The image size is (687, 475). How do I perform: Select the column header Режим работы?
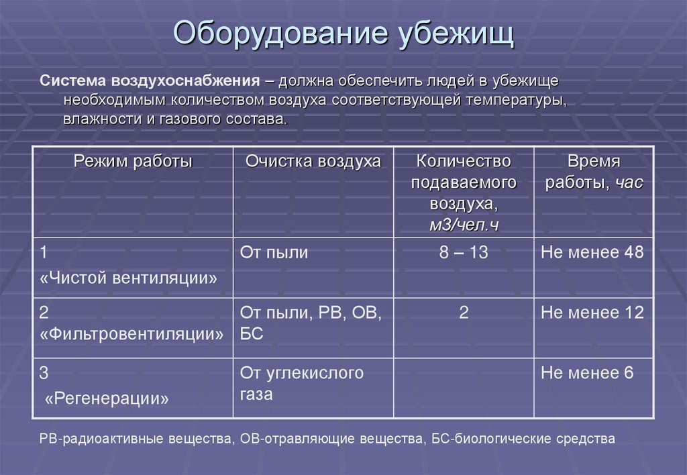pyautogui.click(x=133, y=162)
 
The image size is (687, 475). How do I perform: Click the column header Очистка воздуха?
pyautogui.click(x=313, y=162)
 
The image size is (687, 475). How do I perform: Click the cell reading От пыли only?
pyautogui.click(x=274, y=253)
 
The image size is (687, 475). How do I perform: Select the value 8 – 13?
pyautogui.click(x=464, y=253)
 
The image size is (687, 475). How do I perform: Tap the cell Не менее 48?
pyautogui.click(x=592, y=253)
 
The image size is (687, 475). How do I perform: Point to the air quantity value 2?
pyautogui.click(x=464, y=313)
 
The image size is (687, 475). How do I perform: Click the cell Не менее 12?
pyautogui.click(x=592, y=313)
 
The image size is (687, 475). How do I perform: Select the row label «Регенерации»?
pyautogui.click(x=107, y=399)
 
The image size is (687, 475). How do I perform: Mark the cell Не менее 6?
pyautogui.click(x=587, y=373)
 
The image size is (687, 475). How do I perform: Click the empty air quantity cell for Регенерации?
pyautogui.click(x=464, y=388)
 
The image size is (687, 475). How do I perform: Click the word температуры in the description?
pyautogui.click(x=515, y=101)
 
